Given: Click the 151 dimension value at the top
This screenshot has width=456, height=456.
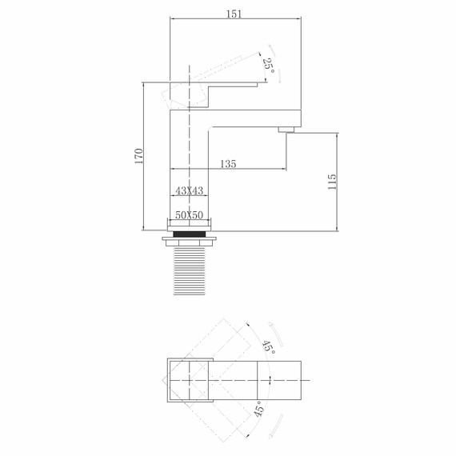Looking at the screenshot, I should click(x=234, y=14).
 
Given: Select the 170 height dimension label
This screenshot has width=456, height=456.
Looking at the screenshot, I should click(x=138, y=156).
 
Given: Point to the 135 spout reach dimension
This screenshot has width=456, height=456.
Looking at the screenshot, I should click(x=227, y=163).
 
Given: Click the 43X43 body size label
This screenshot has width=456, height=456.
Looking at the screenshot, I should click(x=190, y=190).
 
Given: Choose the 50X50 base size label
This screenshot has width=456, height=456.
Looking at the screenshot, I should click(x=190, y=216).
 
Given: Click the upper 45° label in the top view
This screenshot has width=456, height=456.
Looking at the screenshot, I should click(x=267, y=347).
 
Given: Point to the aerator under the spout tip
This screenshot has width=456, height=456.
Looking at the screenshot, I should click(x=286, y=128).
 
